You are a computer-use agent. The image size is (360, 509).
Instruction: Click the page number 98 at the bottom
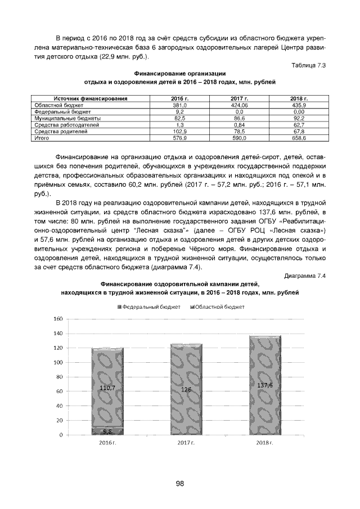179,483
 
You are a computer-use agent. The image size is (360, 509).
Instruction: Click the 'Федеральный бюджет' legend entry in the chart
148,307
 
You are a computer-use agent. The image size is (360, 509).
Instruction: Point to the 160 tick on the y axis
57,319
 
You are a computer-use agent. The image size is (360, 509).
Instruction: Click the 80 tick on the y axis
58,377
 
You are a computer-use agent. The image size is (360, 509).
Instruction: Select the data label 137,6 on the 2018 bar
265,385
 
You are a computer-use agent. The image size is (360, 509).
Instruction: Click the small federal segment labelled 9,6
107,431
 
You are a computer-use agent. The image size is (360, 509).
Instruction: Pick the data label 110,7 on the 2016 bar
107,388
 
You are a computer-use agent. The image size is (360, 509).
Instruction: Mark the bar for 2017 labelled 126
186,389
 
